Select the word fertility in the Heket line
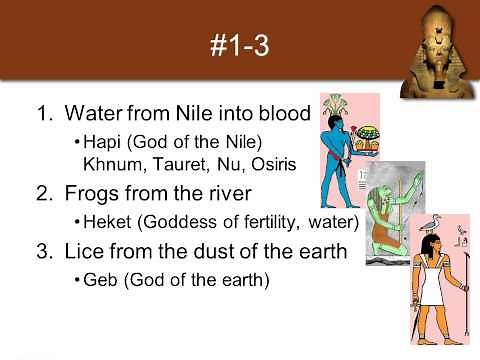click(245, 221)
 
